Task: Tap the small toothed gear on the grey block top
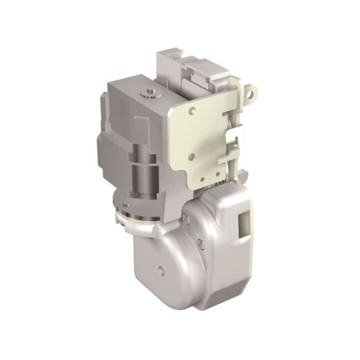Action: click(x=150, y=91)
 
